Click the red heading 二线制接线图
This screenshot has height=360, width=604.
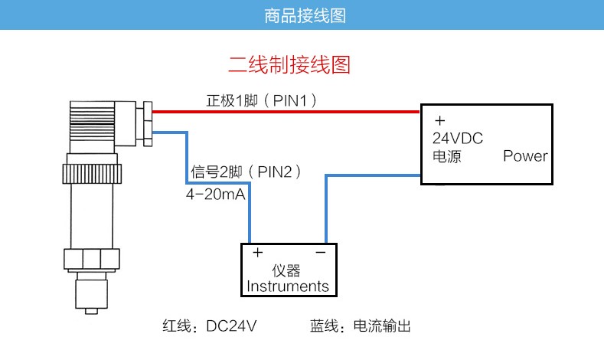(x=289, y=64)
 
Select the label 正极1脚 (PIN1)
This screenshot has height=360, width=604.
(x=261, y=100)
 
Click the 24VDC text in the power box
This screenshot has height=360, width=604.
(x=458, y=139)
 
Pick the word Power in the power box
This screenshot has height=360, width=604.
(x=525, y=156)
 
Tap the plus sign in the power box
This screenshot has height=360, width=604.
(x=439, y=121)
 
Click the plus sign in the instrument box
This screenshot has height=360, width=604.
(x=258, y=252)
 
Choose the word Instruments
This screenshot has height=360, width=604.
(x=288, y=287)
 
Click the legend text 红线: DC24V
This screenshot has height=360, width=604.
(x=209, y=326)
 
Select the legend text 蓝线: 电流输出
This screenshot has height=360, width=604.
(x=360, y=326)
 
